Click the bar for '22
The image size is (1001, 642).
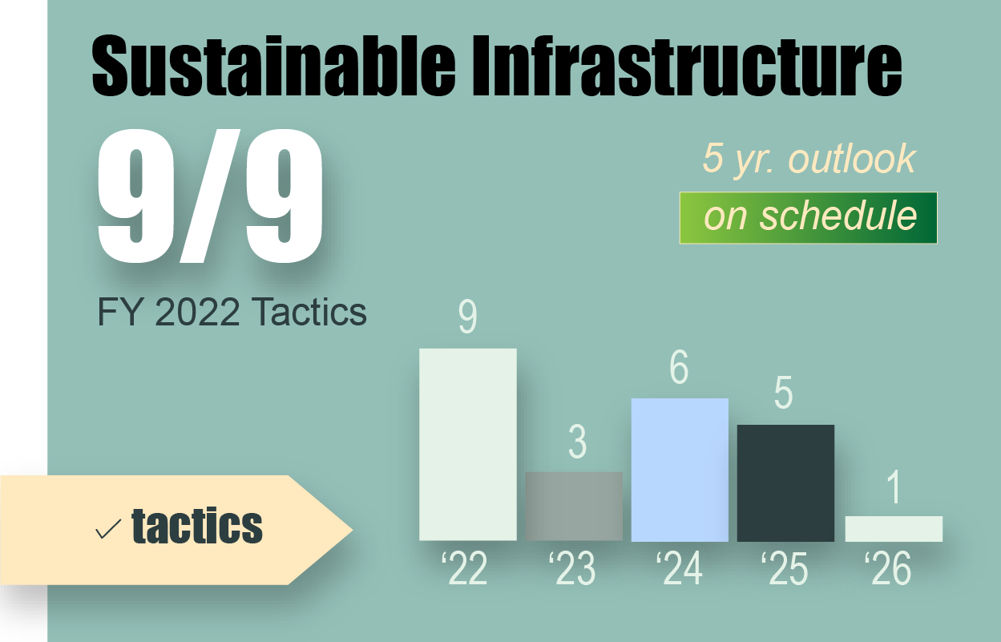(x=467, y=444)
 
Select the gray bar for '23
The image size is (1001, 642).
(x=574, y=506)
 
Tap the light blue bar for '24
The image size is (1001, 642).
(x=680, y=470)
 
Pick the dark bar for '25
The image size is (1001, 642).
(x=785, y=483)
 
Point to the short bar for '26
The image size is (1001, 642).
(x=894, y=528)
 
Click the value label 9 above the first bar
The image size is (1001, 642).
(x=467, y=317)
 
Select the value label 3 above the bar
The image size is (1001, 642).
(x=576, y=442)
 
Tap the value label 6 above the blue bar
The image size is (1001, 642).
(x=679, y=368)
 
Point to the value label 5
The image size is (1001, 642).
(x=783, y=394)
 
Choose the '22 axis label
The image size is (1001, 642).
(x=464, y=569)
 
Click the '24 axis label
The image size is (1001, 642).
(x=678, y=569)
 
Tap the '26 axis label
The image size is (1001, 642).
(x=888, y=569)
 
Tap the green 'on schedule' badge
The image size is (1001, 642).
(x=808, y=217)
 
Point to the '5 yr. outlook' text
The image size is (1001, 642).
(x=809, y=159)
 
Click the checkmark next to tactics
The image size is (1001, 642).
(x=108, y=529)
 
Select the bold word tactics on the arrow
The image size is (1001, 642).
(x=197, y=527)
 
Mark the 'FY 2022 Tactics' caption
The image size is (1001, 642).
(x=232, y=313)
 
